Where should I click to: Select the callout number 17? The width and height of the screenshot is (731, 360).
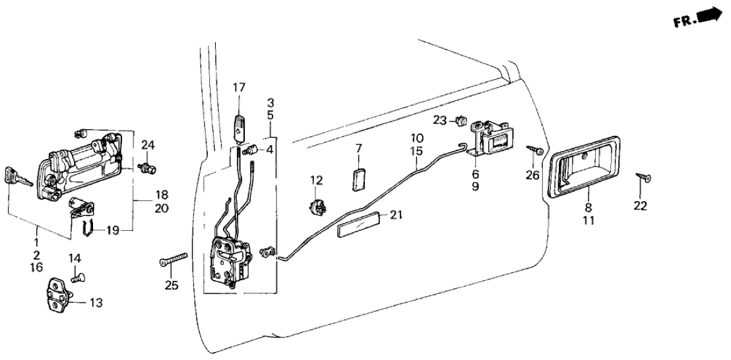pos(238,87)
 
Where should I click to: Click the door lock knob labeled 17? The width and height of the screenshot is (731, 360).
pos(239,125)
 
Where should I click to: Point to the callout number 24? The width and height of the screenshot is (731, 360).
pos(148,144)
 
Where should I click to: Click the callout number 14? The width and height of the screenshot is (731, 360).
pos(74,258)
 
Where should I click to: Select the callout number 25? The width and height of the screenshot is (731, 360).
pos(173,286)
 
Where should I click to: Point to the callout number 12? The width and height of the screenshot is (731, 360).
pos(317,179)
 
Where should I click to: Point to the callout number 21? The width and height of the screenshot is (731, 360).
pos(395,216)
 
